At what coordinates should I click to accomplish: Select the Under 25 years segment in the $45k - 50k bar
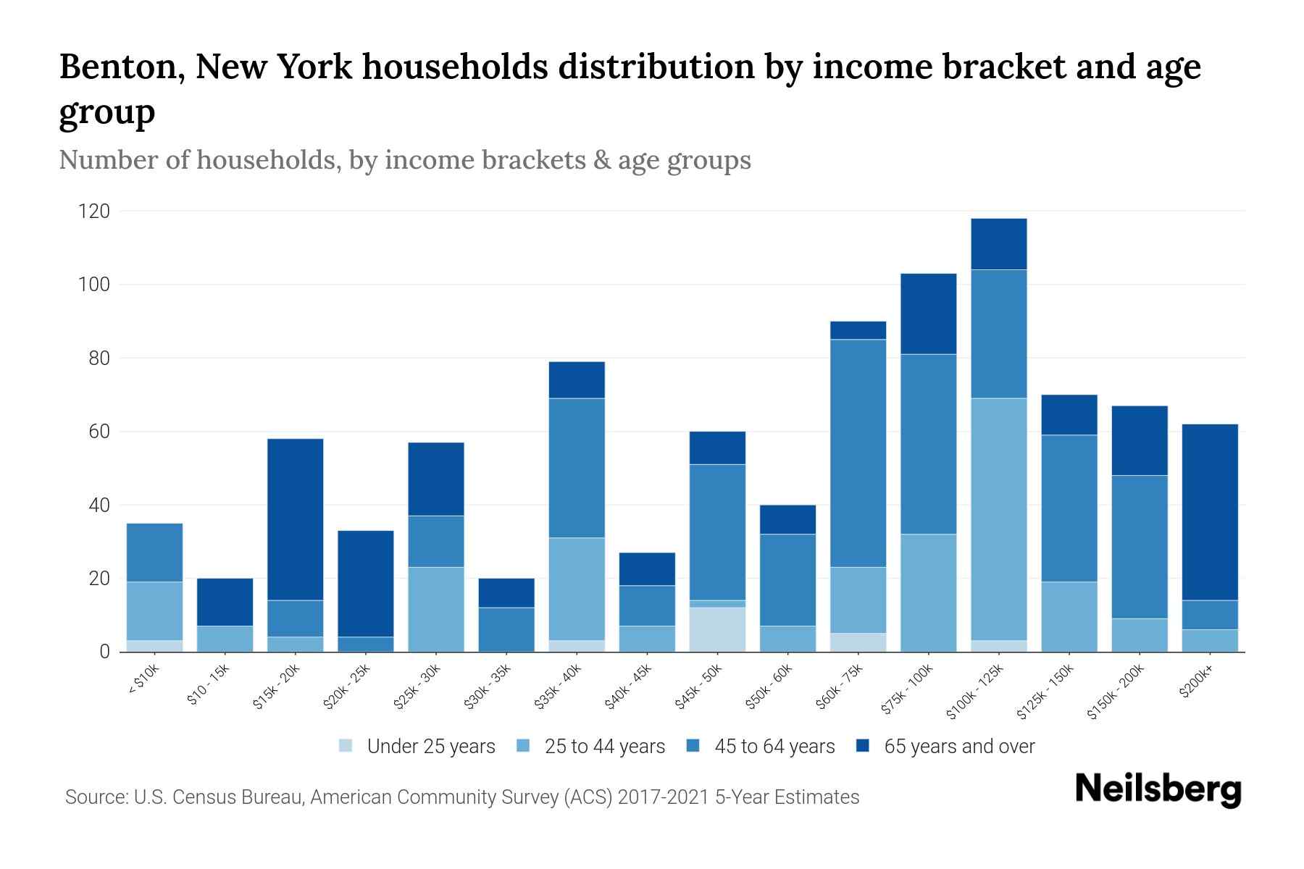coord(717,629)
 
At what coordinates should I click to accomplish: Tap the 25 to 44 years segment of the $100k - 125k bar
coord(999,519)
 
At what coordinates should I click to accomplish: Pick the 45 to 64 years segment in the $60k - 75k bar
coord(858,453)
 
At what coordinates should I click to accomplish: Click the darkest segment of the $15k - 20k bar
coord(295,519)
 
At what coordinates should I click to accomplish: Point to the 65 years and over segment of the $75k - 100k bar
coord(928,314)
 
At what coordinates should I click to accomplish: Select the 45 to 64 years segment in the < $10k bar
coord(154,552)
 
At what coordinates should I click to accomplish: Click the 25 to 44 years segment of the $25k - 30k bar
coord(436,609)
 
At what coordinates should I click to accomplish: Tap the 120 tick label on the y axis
coord(94,211)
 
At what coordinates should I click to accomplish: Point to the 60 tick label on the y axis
coord(99,432)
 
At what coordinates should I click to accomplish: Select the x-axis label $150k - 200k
coord(1116,692)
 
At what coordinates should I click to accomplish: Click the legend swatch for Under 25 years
coord(346,746)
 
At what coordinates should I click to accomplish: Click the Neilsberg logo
coord(1158,789)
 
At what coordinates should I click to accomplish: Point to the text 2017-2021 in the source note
coord(663,797)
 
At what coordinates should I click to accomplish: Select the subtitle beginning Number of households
coord(404,159)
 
